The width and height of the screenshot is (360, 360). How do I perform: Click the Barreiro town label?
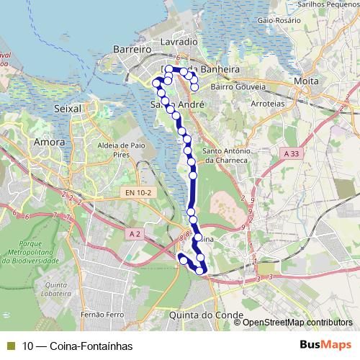(x=130, y=48)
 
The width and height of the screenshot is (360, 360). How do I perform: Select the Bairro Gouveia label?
(x=238, y=87)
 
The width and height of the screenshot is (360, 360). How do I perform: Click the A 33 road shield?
(x=292, y=153)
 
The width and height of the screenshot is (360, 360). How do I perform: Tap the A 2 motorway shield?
(x=135, y=233)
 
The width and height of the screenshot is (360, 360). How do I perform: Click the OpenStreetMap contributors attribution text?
(x=297, y=322)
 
